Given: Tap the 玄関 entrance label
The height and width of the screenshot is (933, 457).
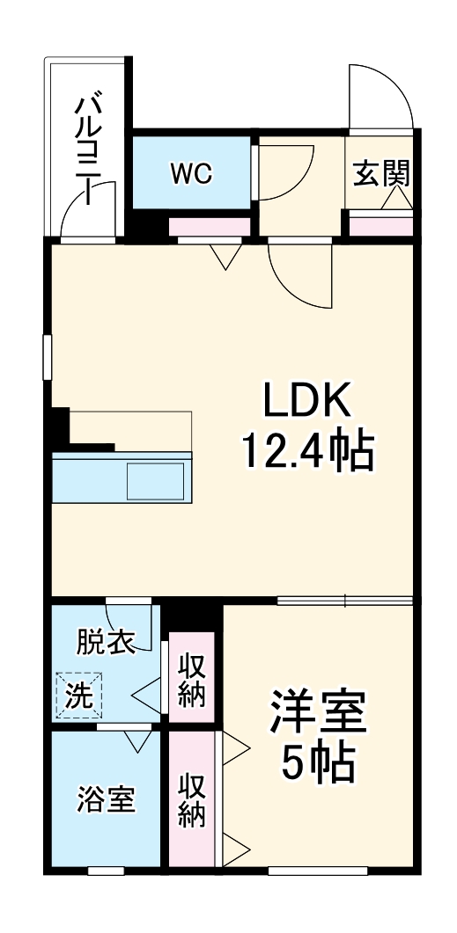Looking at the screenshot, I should [381, 173].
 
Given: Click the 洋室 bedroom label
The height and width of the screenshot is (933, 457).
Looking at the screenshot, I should [318, 713].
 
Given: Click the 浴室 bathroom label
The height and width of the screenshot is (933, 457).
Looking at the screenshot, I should [106, 800].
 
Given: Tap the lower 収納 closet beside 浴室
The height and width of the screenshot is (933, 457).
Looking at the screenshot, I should [192, 800].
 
